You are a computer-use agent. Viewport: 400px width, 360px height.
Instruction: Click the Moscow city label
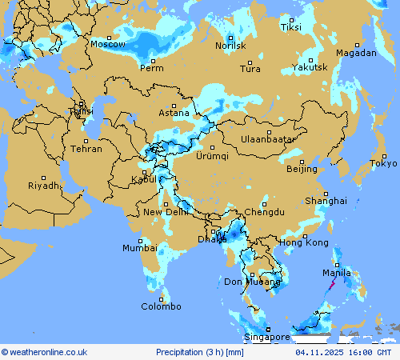(107, 45)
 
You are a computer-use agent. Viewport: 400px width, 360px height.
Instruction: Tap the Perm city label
(152, 68)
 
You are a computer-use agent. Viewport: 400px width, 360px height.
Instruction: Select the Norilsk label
(230, 46)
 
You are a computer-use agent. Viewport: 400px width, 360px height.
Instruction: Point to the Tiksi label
(291, 27)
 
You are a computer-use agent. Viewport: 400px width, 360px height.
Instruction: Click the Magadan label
(356, 53)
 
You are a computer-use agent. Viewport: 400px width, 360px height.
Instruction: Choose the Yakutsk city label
(310, 67)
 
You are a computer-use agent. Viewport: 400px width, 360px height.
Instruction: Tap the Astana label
(174, 113)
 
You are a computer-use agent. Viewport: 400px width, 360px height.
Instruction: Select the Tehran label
(86, 149)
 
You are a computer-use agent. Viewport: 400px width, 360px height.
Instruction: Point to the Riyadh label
(43, 186)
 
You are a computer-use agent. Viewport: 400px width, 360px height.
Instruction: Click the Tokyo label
(383, 164)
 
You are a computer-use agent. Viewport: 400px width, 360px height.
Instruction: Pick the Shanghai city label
(326, 201)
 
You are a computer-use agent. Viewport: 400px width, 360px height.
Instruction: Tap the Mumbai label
(140, 248)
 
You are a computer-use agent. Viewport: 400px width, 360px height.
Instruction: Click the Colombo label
(162, 306)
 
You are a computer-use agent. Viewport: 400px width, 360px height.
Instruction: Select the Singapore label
(267, 338)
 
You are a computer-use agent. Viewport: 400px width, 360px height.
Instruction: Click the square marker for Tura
(250, 62)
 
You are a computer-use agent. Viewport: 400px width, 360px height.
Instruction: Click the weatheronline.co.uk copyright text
(44, 352)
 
